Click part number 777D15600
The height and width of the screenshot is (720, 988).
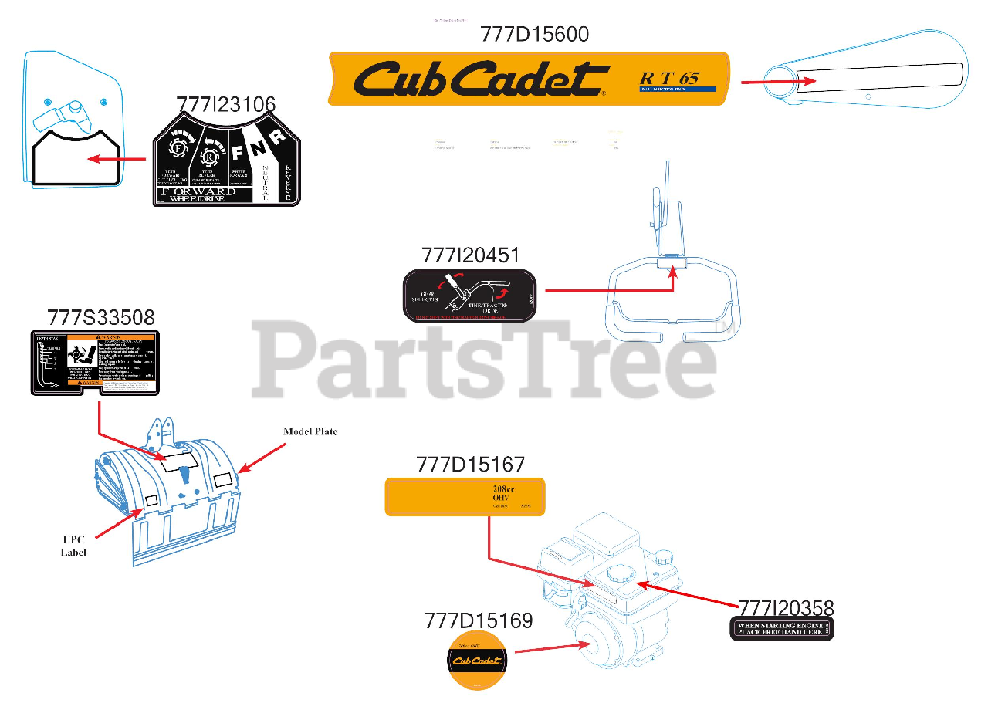[534, 35]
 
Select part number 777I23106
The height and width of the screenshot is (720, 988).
[225, 105]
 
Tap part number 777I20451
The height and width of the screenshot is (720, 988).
[470, 255]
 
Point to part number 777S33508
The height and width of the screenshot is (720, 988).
[100, 317]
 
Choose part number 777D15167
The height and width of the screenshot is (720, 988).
[470, 465]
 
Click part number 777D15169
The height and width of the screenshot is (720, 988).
[478, 620]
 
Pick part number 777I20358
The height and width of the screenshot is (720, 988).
[786, 608]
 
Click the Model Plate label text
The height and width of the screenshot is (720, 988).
[310, 431]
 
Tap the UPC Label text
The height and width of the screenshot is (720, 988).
[74, 546]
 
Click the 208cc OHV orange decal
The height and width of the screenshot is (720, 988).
[465, 496]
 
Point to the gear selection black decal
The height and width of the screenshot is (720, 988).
[469, 296]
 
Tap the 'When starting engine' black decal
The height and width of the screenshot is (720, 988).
[782, 629]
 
